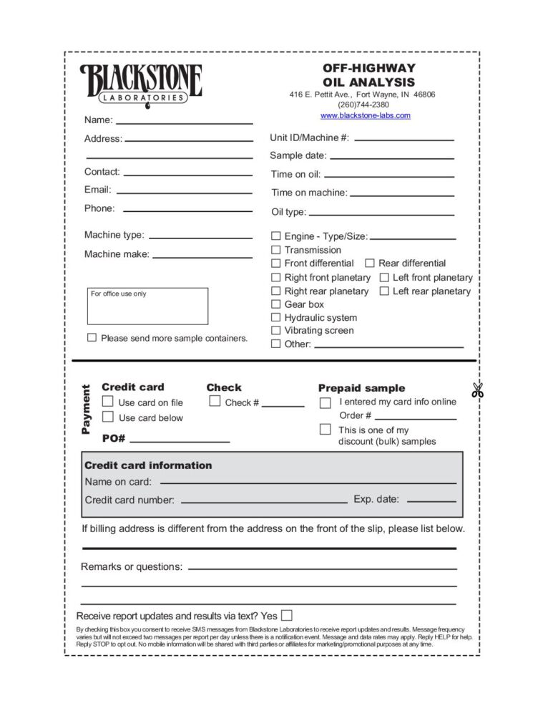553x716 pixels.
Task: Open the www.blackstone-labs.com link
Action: [365, 115]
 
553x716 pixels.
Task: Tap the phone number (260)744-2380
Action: [364, 105]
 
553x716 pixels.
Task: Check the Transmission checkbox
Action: [275, 250]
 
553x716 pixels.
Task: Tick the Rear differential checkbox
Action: [370, 263]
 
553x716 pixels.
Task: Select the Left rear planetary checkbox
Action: [384, 291]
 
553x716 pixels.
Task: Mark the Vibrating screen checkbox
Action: [275, 330]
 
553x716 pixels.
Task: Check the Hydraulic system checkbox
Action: [275, 317]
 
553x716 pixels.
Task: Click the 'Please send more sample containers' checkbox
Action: [92, 337]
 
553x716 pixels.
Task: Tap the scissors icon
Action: [477, 391]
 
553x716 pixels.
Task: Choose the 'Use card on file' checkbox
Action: [108, 402]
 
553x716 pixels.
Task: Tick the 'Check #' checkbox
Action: [215, 402]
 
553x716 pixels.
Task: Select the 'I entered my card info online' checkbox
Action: [325, 402]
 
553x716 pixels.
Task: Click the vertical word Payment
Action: [86, 410]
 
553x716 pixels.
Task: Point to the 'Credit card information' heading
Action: [148, 465]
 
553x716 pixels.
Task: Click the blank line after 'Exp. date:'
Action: [431, 500]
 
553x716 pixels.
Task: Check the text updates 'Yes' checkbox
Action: [287, 615]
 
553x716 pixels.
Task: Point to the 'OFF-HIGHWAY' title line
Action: [368, 69]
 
